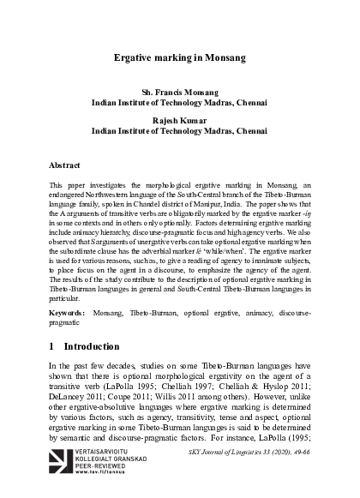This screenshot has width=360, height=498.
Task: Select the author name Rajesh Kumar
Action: pyautogui.click(x=180, y=122)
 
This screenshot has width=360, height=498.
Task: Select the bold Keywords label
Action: pyautogui.click(x=67, y=315)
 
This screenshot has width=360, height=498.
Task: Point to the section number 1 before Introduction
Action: pyautogui.click(x=53, y=347)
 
